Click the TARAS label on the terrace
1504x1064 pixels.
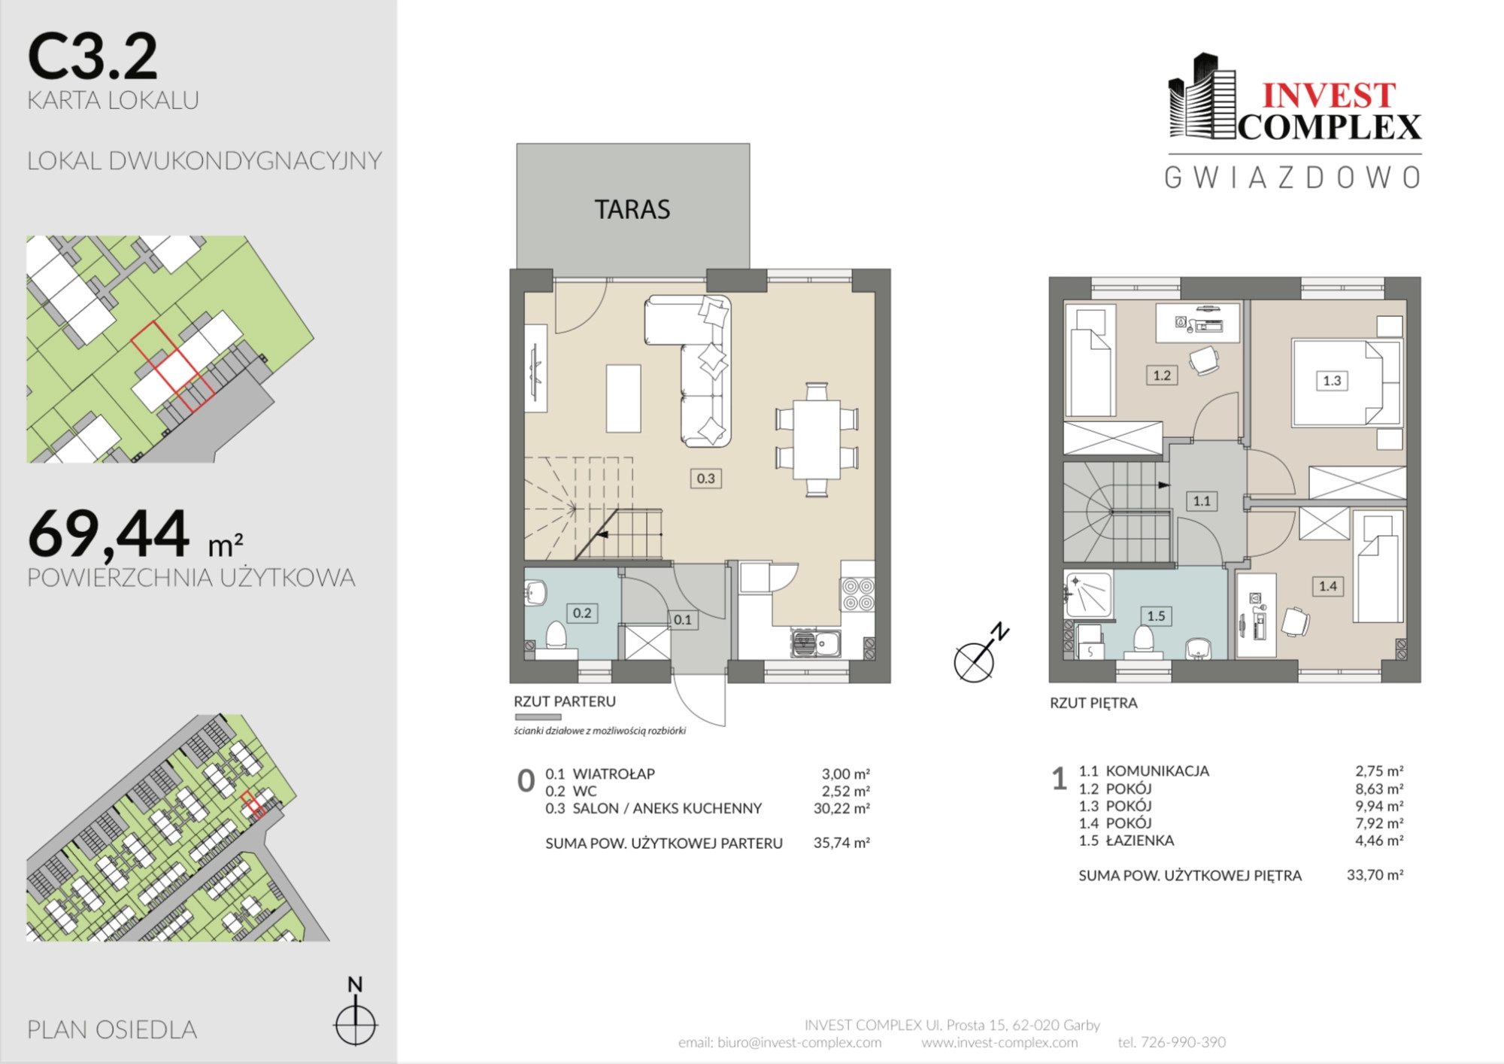(x=632, y=209)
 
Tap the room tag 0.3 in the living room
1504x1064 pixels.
(x=705, y=478)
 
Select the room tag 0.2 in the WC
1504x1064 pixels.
(x=582, y=613)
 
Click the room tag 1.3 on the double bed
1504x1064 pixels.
(x=1332, y=381)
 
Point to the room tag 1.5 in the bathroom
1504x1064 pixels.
(x=1156, y=616)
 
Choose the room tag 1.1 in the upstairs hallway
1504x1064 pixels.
(x=1202, y=500)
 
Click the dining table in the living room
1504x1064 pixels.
(x=817, y=439)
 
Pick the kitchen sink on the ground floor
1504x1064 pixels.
(x=815, y=643)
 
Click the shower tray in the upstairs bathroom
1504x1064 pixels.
(x=1088, y=594)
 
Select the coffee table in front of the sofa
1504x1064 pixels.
(x=623, y=398)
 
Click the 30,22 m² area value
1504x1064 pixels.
(x=841, y=808)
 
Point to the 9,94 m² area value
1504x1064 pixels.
(x=1379, y=806)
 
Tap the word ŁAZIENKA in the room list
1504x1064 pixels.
(x=1140, y=840)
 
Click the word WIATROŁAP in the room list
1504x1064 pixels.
(x=614, y=774)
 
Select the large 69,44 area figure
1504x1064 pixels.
(x=108, y=534)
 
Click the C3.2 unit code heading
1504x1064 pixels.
(x=92, y=56)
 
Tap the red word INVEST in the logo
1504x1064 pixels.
(x=1329, y=96)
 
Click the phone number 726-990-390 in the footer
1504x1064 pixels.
(x=1183, y=1042)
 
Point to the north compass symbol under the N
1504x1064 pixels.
(x=355, y=1023)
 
